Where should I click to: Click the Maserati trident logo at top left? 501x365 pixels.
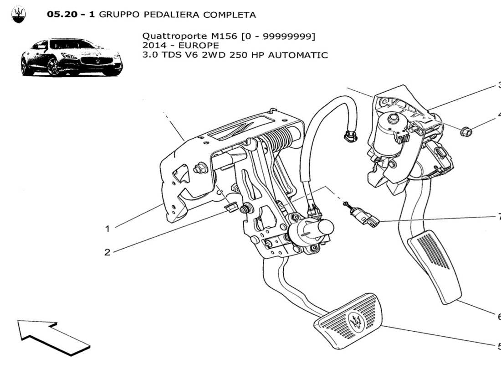pyautogui.click(x=18, y=15)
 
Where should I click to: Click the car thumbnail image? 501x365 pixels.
pyautogui.click(x=72, y=57)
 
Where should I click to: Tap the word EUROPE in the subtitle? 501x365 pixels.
pyautogui.click(x=199, y=45)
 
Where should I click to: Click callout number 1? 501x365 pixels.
pyautogui.click(x=107, y=229)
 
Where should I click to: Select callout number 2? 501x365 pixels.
pyautogui.click(x=107, y=252)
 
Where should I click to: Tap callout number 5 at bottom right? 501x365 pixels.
pyautogui.click(x=499, y=346)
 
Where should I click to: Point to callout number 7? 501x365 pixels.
pyautogui.click(x=499, y=217)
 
